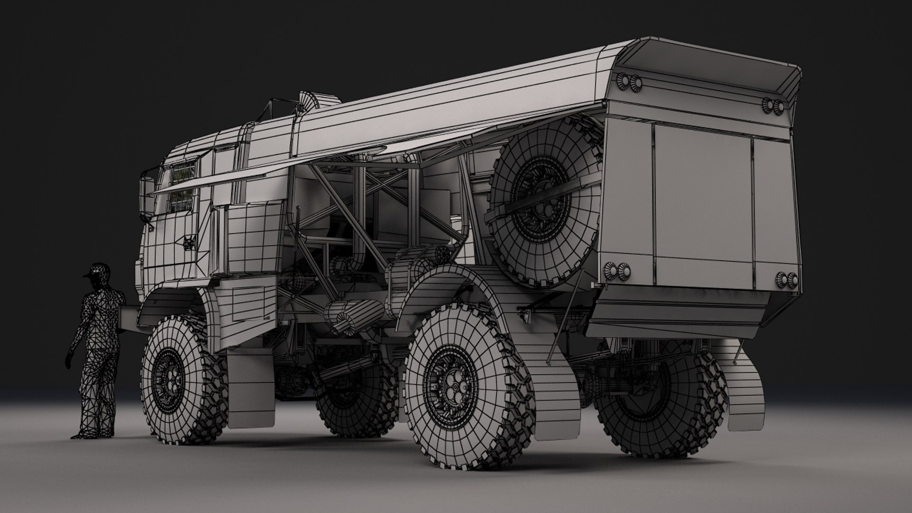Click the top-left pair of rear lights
coord(630,81)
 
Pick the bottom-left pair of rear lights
coord(616,270)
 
